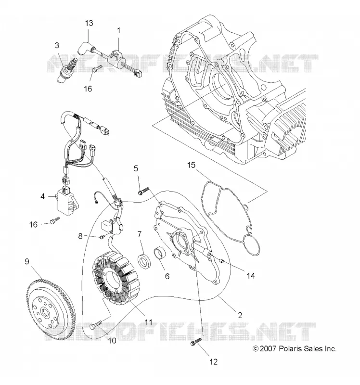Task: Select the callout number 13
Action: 89,23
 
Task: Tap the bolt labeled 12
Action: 196,342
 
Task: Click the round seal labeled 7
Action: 144,261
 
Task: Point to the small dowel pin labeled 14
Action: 221,260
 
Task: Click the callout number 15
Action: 191,165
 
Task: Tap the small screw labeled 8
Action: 103,237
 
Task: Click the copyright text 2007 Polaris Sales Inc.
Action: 295,348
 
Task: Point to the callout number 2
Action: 240,315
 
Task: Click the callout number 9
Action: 27,262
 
